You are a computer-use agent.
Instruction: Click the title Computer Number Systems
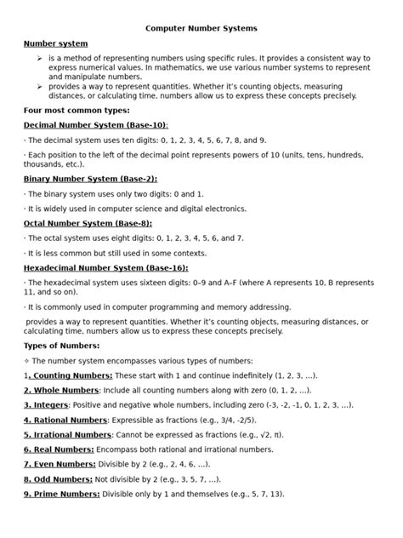[x=201, y=28]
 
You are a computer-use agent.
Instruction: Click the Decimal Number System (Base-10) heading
[x=95, y=124]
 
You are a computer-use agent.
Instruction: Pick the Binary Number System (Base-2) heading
[x=90, y=180]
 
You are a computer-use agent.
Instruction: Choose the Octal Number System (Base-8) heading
[x=88, y=223]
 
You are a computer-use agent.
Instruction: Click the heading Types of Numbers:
[x=61, y=346]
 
